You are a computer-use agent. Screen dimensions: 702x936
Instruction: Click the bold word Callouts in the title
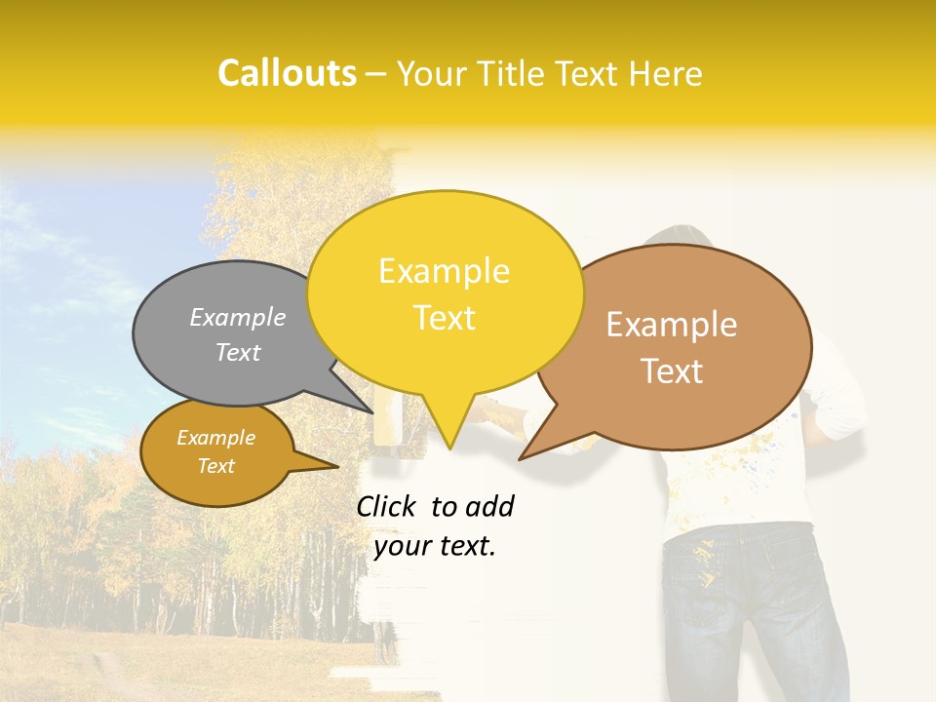click(x=287, y=74)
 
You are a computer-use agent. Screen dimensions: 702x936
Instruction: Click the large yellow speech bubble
click(x=445, y=292)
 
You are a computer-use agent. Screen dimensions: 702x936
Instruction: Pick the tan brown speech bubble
click(x=682, y=346)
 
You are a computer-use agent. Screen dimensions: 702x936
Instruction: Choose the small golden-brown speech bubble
click(x=216, y=453)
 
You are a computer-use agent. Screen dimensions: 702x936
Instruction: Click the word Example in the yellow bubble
click(x=444, y=271)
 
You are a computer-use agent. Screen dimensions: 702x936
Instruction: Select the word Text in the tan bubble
click(x=672, y=371)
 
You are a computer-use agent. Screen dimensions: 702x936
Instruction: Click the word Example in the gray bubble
click(x=238, y=318)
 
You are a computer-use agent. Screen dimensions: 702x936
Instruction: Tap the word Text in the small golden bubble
click(x=215, y=466)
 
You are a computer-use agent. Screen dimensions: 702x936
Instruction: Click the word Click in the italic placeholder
click(x=388, y=506)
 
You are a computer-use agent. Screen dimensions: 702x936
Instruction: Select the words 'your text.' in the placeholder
click(x=435, y=546)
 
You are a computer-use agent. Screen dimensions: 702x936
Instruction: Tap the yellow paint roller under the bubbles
click(x=390, y=429)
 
